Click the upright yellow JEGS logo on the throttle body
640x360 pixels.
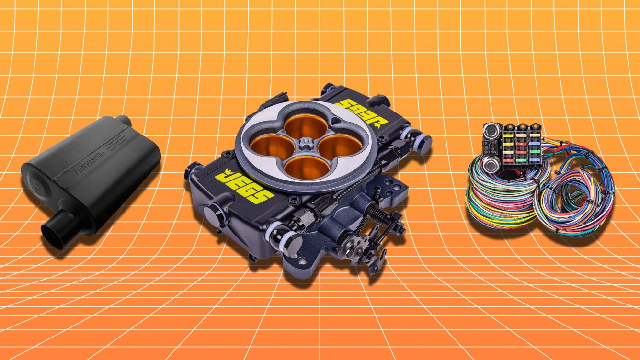point(244,184)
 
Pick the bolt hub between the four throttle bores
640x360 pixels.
point(305,146)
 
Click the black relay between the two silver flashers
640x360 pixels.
point(491,146)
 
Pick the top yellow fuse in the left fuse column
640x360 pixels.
point(508,136)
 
